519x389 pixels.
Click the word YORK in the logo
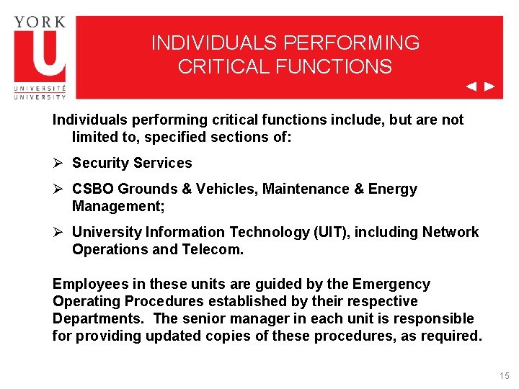40,22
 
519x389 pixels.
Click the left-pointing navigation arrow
471,87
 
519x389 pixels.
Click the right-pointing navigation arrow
489,87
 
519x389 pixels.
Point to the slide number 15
503,376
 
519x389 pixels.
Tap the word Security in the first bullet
101,163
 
